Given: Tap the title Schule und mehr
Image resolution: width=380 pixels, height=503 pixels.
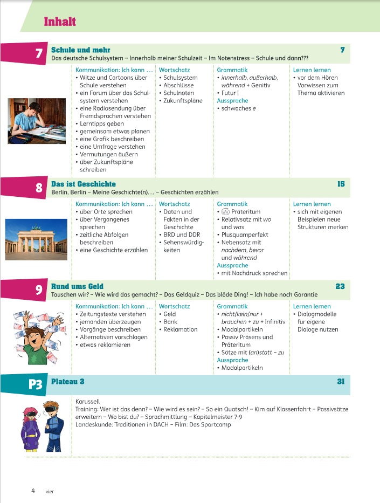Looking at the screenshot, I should pos(78,50).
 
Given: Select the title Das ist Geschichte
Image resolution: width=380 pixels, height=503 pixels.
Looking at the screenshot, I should pos(83,184).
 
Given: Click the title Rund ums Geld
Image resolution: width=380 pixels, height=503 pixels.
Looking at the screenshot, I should pos(77,286).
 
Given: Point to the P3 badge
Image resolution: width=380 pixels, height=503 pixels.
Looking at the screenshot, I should pos(34,384).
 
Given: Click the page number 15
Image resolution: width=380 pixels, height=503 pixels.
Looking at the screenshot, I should pos(341,184).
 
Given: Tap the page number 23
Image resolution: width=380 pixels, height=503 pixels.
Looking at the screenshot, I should pos(340,286).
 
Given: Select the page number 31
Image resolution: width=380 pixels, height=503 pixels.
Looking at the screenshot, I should pos(341,382).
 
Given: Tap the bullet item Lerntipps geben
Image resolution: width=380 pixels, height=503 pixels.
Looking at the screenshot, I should pos(103,124).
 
